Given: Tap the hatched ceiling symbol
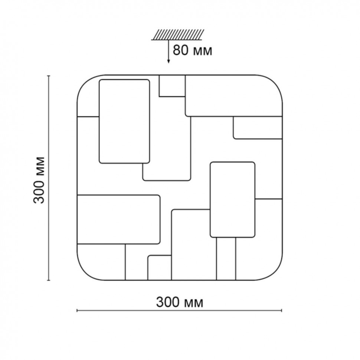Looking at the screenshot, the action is point(177,35).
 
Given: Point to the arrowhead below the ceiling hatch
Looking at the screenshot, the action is point(168,61).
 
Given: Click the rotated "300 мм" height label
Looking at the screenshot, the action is point(39,180).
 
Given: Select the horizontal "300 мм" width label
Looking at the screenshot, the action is point(180,302).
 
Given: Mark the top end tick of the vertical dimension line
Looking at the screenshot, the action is point(49,76).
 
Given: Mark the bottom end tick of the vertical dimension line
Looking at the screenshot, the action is point(49,280).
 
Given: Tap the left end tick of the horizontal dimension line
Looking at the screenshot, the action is point(77,311).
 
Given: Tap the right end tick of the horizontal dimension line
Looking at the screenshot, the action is point(281,311).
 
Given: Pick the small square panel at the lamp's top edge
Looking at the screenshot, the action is point(172,86).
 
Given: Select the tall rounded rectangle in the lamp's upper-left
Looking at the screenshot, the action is point(124,121).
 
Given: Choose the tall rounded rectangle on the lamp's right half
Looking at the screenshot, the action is point(232,200).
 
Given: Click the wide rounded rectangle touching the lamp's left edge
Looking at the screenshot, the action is point(118,219).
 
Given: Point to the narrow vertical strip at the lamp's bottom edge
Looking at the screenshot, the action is point(226,259).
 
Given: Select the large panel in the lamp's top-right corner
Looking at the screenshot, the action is point(234,96).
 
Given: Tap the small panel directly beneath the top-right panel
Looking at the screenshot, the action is point(258,128).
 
